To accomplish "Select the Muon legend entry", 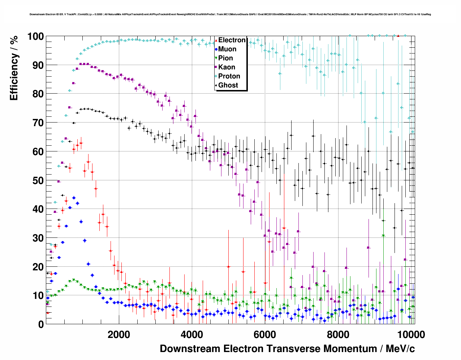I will point(227,49).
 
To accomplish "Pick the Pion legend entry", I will point(225,58).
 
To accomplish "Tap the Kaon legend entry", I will point(227,67).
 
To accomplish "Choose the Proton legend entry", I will point(229,76).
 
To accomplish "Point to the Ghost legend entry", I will point(228,85).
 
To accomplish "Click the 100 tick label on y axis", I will point(35,37).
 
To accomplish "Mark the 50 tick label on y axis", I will point(38,180).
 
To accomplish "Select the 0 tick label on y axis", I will point(41,325).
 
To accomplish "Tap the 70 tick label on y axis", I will point(38,123).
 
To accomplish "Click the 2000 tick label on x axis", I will point(119,334).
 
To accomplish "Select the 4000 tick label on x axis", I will point(192,334).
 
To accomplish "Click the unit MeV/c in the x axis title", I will point(400,349).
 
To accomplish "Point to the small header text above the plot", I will point(230,14).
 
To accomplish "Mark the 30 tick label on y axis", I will point(38,238).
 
